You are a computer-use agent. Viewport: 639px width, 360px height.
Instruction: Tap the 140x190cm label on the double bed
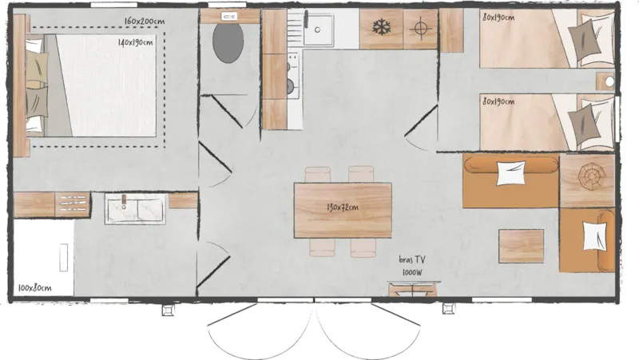click(x=135, y=42)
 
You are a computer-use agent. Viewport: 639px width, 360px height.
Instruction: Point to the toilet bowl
click(x=228, y=43)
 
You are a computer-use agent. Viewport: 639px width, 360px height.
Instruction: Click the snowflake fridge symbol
click(x=382, y=28)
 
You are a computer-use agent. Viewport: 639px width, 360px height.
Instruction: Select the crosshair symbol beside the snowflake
click(x=421, y=28)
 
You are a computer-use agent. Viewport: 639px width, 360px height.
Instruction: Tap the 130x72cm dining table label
click(x=343, y=208)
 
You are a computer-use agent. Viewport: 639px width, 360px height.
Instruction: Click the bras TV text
click(x=412, y=259)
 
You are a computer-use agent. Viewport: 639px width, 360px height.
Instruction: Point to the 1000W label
click(x=412, y=272)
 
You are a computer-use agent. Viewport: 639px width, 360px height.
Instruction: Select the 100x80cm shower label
click(x=34, y=288)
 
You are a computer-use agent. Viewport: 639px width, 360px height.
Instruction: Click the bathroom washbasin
click(x=135, y=208)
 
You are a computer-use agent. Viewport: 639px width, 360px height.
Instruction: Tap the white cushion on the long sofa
click(x=510, y=172)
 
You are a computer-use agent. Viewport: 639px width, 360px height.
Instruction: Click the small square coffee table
click(x=522, y=246)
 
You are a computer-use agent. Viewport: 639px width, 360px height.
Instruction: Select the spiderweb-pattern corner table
click(x=587, y=181)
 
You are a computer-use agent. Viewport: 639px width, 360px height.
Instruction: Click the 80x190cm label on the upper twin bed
click(x=498, y=17)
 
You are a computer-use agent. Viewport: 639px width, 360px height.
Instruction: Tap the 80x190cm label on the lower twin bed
click(x=498, y=101)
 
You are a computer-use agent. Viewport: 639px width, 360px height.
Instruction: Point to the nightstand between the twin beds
click(x=605, y=81)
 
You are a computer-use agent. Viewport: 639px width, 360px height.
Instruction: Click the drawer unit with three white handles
click(x=73, y=204)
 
